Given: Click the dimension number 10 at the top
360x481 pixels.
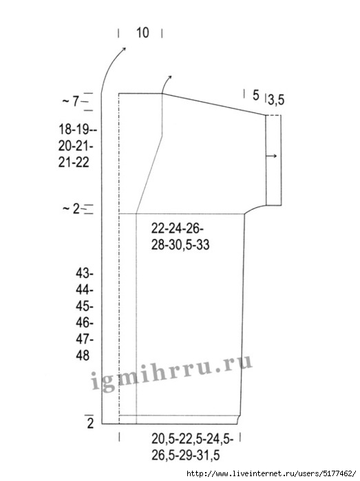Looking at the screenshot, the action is pos(142,32).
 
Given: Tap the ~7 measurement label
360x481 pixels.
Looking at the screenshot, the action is pos(71,101).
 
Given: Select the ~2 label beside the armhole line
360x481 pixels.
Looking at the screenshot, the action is pos(71,209).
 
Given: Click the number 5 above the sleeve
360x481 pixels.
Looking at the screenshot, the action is pos(255,96).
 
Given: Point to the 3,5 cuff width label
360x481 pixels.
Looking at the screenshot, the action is pos(276,100).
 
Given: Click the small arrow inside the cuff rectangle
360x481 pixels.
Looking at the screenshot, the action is pos(271,156).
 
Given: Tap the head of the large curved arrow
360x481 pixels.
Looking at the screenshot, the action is pos(124,49).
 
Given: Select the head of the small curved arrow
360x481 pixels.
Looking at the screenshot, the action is pos(170,76).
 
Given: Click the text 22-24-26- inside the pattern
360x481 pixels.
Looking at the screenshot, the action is pos(177,229).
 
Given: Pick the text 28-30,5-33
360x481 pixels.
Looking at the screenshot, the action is pos(180,245).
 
